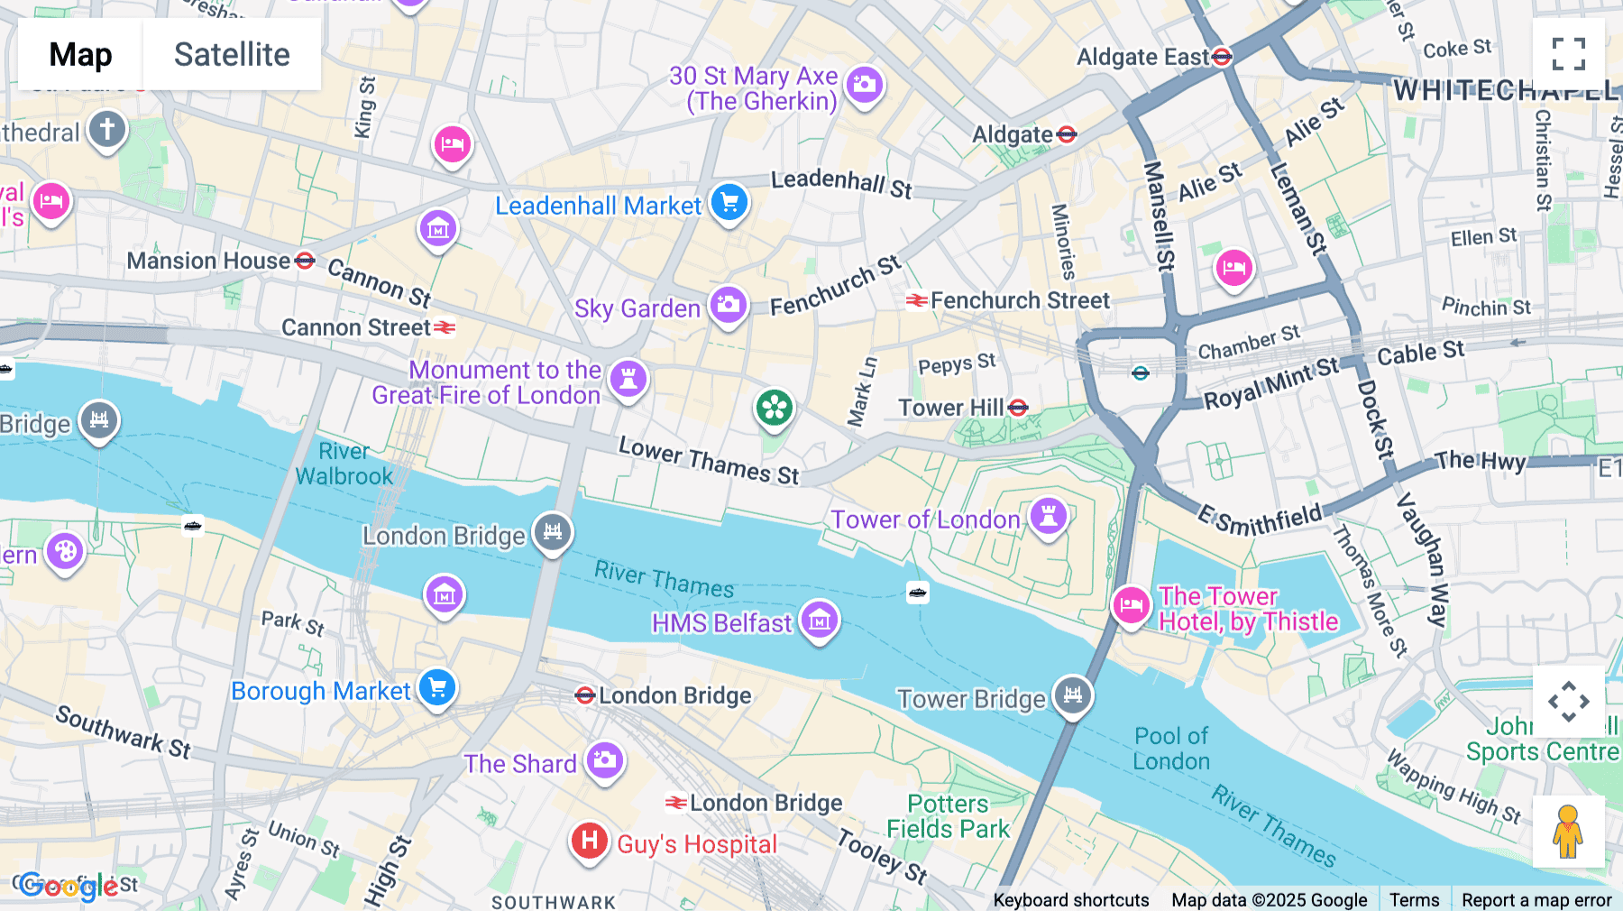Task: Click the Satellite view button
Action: [x=232, y=55]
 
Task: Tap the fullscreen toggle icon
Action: [x=1568, y=54]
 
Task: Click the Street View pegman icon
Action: [x=1568, y=831]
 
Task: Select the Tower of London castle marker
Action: [x=1049, y=517]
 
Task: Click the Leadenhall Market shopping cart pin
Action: [x=729, y=203]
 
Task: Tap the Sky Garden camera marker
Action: [x=729, y=306]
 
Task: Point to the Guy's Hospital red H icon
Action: [x=589, y=842]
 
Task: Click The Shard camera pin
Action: [x=605, y=760]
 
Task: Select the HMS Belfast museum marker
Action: [x=820, y=621]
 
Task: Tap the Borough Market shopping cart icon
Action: [x=437, y=688]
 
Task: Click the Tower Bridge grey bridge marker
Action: [x=1072, y=695]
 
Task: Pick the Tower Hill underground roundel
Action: [x=1018, y=408]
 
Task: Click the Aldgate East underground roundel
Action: [x=1222, y=57]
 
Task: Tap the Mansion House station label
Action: [x=208, y=262]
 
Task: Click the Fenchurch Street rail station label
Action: [x=1019, y=300]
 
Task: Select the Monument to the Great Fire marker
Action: [x=628, y=378]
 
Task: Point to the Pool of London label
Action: [x=1171, y=749]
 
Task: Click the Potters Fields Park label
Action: [x=948, y=816]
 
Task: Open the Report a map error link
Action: [x=1536, y=899]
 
